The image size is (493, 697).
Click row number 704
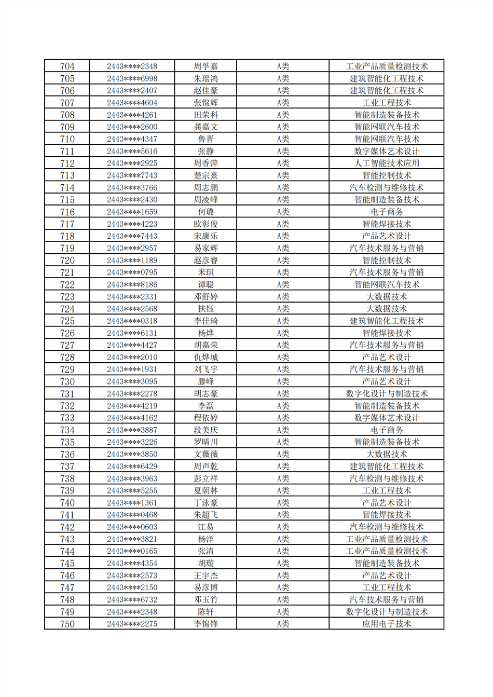[67, 66]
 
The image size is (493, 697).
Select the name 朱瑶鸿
[206, 78]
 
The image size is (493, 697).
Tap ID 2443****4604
[132, 103]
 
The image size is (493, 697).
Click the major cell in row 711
[386, 151]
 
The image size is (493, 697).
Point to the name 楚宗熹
[206, 175]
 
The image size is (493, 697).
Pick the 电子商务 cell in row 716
[386, 212]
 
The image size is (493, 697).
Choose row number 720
[67, 261]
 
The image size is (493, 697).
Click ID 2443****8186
[132, 284]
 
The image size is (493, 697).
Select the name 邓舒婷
[206, 297]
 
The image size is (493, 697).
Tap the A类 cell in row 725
[282, 321]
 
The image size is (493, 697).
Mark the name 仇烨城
[206, 357]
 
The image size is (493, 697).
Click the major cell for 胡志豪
[386, 393]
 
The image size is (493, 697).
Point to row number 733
[67, 418]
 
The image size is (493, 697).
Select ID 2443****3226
[132, 442]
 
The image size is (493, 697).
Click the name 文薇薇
[206, 454]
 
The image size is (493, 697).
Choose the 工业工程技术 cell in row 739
[386, 490]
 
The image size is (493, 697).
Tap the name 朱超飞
[206, 515]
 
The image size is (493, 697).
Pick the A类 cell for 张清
[282, 551]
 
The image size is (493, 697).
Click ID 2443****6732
[132, 599]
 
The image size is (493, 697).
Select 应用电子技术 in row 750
[386, 624]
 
